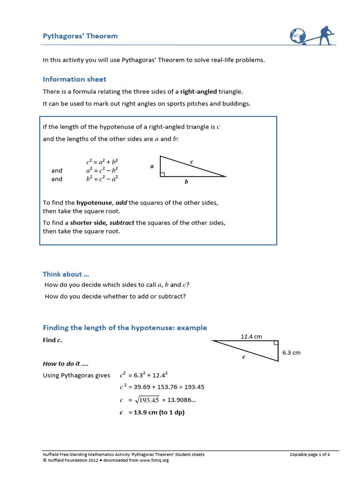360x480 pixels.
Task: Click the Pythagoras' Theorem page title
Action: tap(80, 36)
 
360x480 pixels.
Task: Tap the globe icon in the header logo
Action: tap(297, 37)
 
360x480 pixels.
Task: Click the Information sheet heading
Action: tap(75, 79)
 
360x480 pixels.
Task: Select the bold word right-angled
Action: tap(198, 91)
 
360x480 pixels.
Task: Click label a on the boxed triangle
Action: tap(152, 166)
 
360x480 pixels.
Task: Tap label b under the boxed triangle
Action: tap(186, 182)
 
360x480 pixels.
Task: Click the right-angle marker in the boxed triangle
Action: tap(162, 174)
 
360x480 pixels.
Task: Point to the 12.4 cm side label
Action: tap(251, 336)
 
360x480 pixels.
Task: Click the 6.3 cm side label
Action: tap(291, 352)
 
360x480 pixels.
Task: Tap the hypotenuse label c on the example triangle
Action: tap(244, 357)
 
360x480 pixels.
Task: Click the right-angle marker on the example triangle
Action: tap(276, 343)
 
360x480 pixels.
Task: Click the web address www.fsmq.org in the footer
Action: tap(154, 460)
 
